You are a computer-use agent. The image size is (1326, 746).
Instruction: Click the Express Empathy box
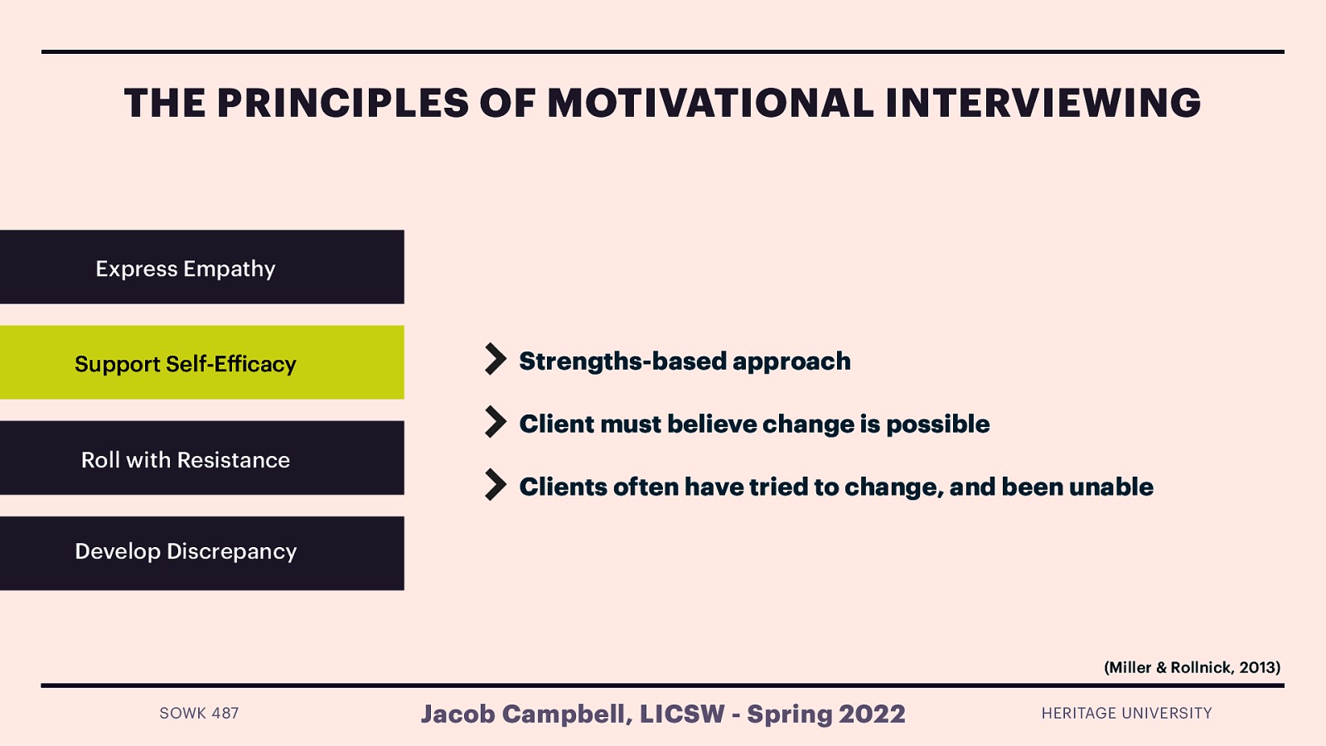[x=201, y=267]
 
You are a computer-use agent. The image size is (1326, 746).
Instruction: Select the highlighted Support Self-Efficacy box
[x=201, y=362]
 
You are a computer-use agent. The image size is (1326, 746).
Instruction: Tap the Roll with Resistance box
[x=201, y=458]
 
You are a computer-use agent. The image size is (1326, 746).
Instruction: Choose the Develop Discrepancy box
[x=201, y=553]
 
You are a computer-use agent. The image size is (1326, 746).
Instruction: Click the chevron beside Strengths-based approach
[x=495, y=360]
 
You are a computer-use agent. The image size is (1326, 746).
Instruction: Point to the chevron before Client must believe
[x=495, y=423]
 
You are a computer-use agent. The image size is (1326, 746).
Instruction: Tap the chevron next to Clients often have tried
[x=495, y=486]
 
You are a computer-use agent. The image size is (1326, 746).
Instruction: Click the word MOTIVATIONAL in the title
[x=710, y=104]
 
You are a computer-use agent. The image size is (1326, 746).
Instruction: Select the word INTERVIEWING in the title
[x=1043, y=104]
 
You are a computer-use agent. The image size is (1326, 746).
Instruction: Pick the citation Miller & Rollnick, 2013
[x=1192, y=667]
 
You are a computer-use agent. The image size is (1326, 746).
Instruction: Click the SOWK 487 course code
[x=199, y=713]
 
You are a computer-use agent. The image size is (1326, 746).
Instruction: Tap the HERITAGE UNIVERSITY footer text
[x=1126, y=713]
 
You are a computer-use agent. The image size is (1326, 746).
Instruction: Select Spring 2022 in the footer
[x=826, y=714]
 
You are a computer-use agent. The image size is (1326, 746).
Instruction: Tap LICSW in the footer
[x=682, y=714]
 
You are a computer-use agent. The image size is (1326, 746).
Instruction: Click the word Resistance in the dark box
[x=233, y=460]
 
